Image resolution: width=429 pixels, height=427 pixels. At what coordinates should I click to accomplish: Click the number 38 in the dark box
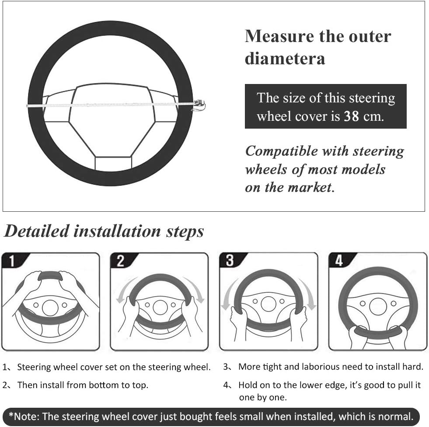[x=351, y=116]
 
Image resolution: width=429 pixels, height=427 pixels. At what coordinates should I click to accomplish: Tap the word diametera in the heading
[x=285, y=58]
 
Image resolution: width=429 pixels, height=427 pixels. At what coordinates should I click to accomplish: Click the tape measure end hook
[x=199, y=105]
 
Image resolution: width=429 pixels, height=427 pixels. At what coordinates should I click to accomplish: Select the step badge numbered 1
[x=12, y=261]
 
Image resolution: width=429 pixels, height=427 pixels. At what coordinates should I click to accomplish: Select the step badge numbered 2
[x=121, y=261]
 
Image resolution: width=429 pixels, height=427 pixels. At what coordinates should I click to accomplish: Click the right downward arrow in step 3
[x=308, y=294]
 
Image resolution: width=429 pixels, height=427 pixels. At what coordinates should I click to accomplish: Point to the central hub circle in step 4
[x=378, y=306]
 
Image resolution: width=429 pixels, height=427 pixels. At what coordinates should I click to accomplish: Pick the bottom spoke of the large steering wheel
[x=113, y=164]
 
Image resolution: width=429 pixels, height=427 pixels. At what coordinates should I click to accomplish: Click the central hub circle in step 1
[x=50, y=308]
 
